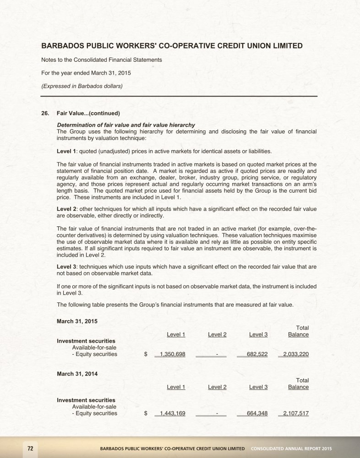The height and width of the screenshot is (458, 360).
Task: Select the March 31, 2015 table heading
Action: tap(76, 321)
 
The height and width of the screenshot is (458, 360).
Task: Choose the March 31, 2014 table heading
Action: tap(76, 374)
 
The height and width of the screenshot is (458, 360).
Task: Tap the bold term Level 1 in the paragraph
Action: tap(66, 151)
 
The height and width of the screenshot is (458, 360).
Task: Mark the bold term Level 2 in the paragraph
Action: tap(66, 209)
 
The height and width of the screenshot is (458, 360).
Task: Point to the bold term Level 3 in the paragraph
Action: tap(66, 267)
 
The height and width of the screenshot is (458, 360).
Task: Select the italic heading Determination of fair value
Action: tap(126, 125)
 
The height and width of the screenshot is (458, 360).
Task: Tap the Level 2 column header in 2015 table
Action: tap(217, 334)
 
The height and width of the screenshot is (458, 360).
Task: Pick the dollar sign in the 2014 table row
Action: tap(146, 414)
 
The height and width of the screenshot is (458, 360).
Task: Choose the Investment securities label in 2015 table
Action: tap(86, 341)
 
